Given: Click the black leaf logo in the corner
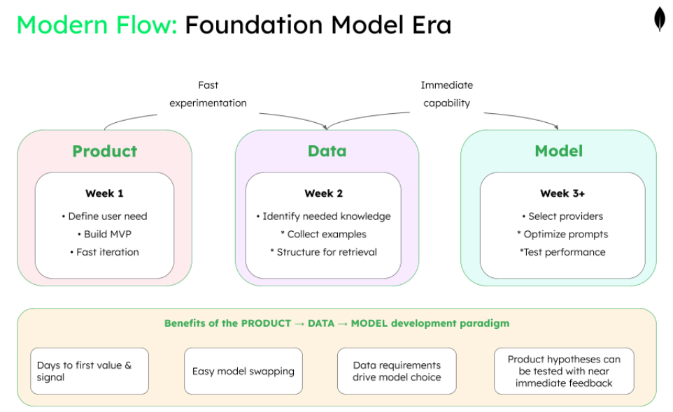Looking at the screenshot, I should pyautogui.click(x=659, y=20).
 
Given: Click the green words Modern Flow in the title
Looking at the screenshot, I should pyautogui.click(x=97, y=25).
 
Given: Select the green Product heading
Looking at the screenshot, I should pyautogui.click(x=104, y=151).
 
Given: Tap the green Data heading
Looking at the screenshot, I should pyautogui.click(x=327, y=151).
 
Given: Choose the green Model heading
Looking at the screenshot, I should pyautogui.click(x=558, y=151).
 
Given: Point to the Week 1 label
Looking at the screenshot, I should pyautogui.click(x=104, y=193).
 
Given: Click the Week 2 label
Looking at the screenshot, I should pyautogui.click(x=323, y=193).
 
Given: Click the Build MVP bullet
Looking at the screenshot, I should pyautogui.click(x=104, y=234).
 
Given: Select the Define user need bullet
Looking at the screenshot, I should pyautogui.click(x=104, y=216).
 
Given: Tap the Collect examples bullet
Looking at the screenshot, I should pyautogui.click(x=323, y=234).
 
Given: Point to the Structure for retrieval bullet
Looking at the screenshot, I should pyautogui.click(x=323, y=252).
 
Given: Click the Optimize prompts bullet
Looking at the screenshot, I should pyautogui.click(x=562, y=234).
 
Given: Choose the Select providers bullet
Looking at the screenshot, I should pyautogui.click(x=562, y=216).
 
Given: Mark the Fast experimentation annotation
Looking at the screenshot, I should pyautogui.click(x=208, y=94).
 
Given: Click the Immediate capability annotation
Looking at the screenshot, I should pyautogui.click(x=446, y=94).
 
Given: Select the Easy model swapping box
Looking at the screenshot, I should pyautogui.click(x=243, y=371).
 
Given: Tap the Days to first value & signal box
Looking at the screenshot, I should pyautogui.click(x=90, y=371).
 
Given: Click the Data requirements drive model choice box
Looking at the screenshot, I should pyautogui.click(x=397, y=371).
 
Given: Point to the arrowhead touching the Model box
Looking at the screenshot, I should pyautogui.click(x=557, y=128).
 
